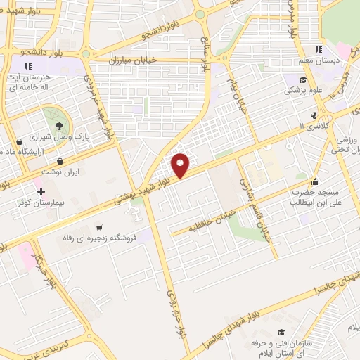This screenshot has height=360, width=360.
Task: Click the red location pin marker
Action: pos(181,165)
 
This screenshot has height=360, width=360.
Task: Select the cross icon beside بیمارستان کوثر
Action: pos(41,191)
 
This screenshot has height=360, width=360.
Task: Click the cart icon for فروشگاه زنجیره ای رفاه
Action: pos(100,227)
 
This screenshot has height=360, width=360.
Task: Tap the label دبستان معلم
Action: pos(337,60)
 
